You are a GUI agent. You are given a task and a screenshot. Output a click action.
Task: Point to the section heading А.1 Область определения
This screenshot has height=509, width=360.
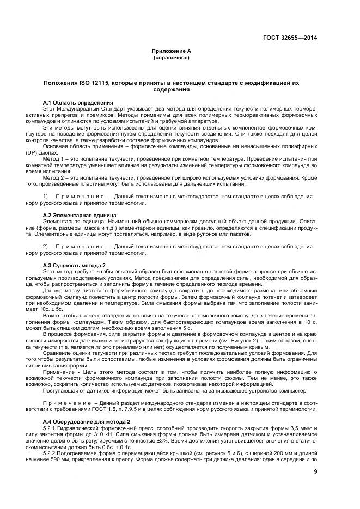(78, 102)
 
